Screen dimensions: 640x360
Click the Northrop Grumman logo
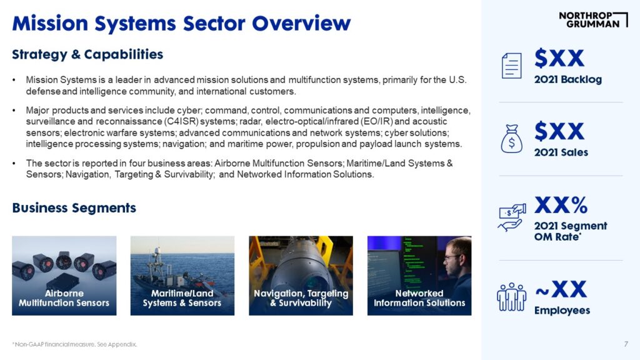point(594,19)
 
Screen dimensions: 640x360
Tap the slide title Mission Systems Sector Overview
point(181,23)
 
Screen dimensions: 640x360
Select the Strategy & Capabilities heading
point(87,54)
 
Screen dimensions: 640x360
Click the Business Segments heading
point(74,207)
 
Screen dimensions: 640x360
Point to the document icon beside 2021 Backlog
point(511,66)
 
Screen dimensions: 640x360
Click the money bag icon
point(511,139)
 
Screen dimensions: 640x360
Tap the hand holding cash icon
point(512,217)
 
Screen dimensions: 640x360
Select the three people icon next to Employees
point(511,297)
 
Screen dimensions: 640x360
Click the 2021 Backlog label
point(567,79)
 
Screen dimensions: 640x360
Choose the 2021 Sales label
point(561,152)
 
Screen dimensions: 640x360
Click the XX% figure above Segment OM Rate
point(561,205)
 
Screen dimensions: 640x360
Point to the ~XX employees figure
point(561,289)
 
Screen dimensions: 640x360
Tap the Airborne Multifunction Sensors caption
point(64,298)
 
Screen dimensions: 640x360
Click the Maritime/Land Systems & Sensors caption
point(182,298)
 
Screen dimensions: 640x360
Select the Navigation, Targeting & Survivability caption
point(301,298)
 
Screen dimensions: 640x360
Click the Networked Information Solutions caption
point(419,298)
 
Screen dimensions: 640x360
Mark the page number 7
point(626,344)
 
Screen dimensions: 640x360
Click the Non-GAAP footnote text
point(75,344)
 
